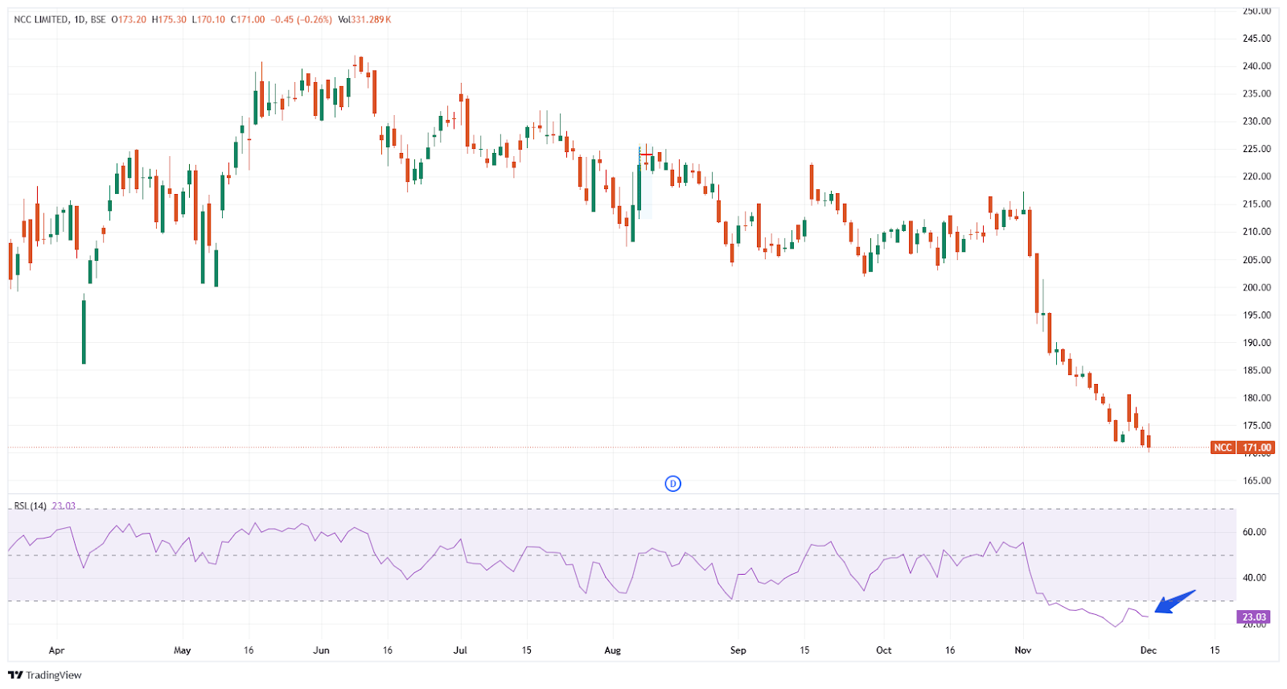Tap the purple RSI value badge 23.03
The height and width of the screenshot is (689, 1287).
tap(1253, 617)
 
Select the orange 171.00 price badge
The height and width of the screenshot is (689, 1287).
tap(1256, 448)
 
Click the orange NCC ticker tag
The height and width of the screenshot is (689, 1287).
tap(1223, 448)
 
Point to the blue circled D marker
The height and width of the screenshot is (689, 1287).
tap(672, 484)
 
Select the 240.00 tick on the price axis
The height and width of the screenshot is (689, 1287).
tap(1256, 66)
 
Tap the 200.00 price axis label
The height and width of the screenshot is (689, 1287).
tap(1256, 287)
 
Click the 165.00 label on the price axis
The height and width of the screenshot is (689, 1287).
tap(1256, 481)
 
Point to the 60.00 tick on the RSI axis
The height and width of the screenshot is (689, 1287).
tap(1254, 532)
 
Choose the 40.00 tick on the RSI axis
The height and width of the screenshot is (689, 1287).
tap(1254, 578)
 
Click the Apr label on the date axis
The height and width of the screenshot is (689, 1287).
tap(56, 650)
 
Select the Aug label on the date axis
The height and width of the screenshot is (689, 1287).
tap(612, 650)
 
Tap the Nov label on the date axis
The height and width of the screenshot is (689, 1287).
tap(1022, 650)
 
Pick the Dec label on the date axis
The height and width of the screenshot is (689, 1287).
tap(1148, 650)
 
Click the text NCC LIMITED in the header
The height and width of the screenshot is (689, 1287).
tap(41, 19)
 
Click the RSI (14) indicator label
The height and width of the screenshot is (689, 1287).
tap(31, 505)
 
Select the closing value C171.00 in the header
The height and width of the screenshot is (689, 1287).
tap(248, 19)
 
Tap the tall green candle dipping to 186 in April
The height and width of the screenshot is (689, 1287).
tap(84, 331)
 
